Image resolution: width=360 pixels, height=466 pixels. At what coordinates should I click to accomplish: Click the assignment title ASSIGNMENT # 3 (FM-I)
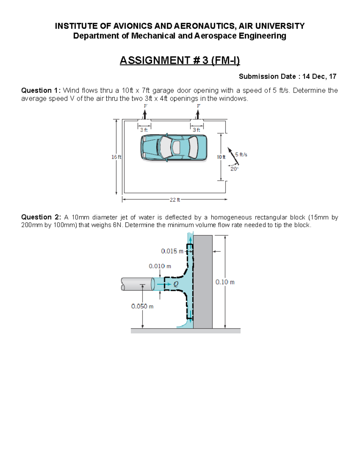click(180, 61)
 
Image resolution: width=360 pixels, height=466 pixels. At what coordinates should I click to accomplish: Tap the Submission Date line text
click(287, 77)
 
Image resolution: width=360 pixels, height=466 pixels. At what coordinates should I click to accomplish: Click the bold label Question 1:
click(41, 91)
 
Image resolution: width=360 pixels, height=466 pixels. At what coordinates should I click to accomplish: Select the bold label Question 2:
click(41, 217)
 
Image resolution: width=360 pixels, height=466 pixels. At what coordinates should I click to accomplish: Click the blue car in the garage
click(174, 147)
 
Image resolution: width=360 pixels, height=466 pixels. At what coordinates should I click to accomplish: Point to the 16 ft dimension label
click(116, 157)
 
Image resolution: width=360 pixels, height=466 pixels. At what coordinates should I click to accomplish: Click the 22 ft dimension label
click(175, 200)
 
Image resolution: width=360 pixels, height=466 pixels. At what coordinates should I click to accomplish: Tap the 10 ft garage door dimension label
click(221, 157)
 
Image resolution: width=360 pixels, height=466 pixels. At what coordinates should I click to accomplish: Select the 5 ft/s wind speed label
click(241, 155)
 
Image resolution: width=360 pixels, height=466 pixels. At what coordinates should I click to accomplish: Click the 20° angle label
click(234, 169)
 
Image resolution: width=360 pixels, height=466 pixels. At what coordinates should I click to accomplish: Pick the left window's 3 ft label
click(144, 130)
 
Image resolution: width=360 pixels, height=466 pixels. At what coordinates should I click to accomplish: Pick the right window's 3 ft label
click(196, 130)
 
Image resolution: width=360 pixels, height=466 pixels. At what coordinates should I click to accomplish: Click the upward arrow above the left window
click(145, 114)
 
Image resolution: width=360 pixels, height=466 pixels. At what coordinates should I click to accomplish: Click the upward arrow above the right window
click(197, 114)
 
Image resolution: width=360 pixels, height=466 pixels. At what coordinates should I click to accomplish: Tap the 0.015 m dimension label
click(172, 251)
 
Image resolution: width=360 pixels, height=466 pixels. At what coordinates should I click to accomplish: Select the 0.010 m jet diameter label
click(160, 266)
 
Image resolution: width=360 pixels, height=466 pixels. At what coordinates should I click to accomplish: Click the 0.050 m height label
click(142, 306)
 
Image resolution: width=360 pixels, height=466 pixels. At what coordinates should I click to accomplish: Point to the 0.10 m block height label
click(225, 282)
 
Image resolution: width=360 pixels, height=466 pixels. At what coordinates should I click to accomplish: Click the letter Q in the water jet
click(176, 284)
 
